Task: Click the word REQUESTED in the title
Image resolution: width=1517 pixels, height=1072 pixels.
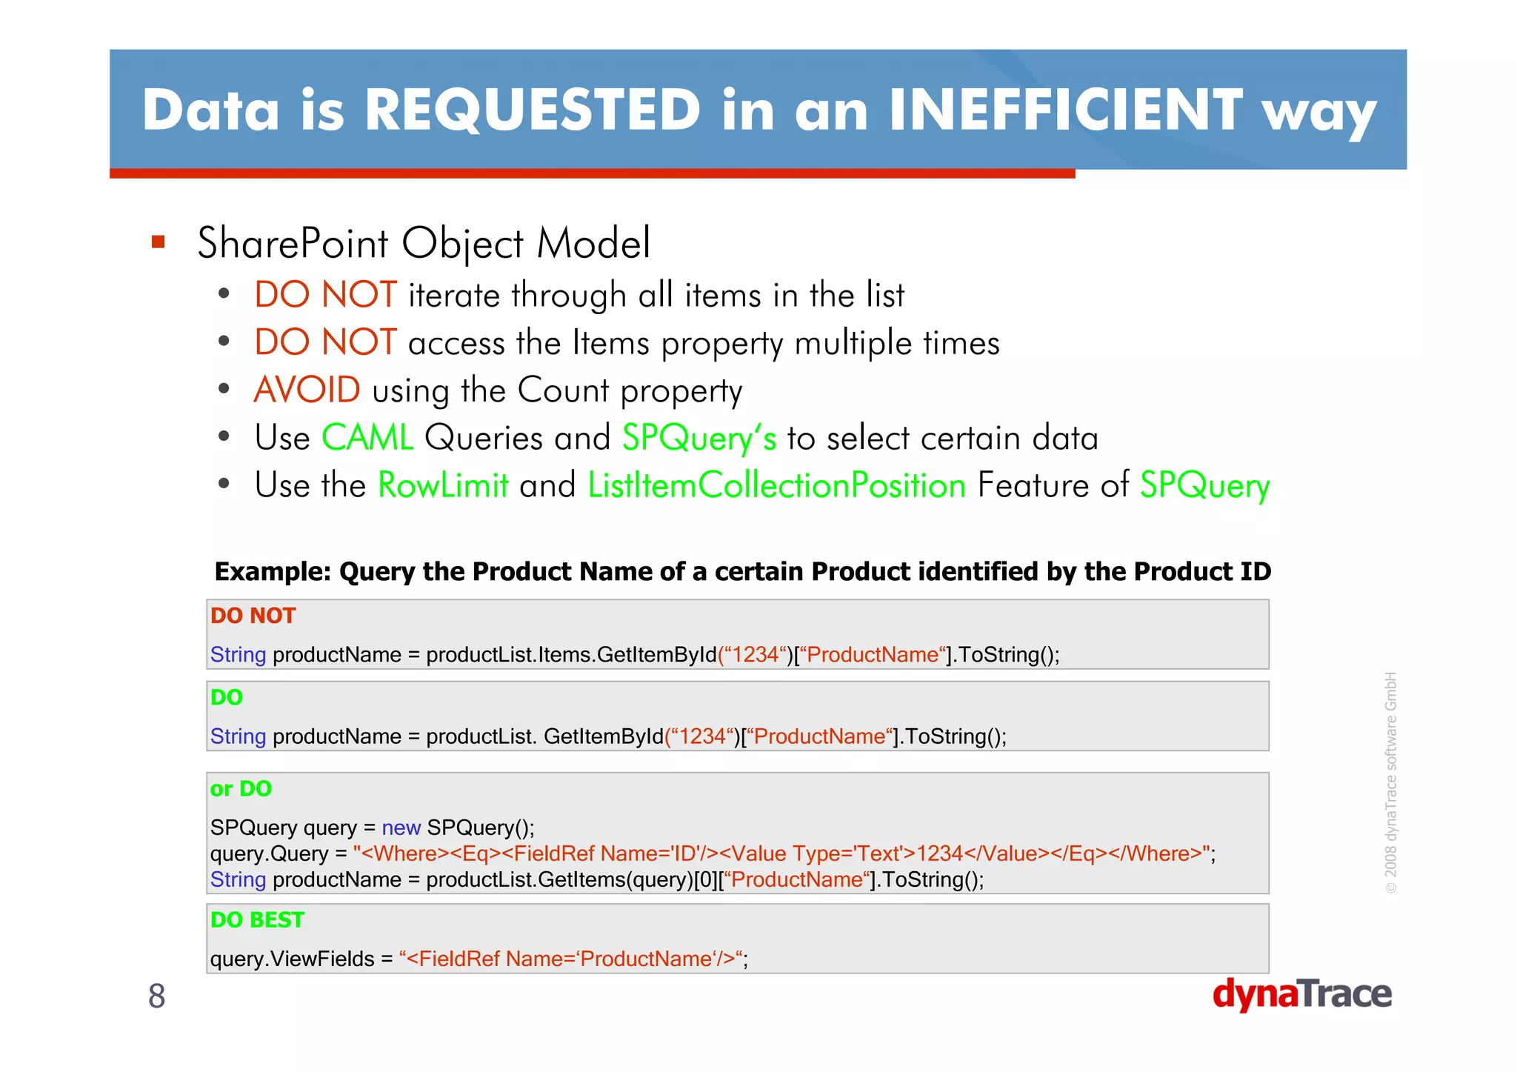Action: pos(532,110)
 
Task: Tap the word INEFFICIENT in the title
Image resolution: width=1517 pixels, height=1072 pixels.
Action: pos(1065,110)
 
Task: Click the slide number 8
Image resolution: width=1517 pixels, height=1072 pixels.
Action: pos(156,996)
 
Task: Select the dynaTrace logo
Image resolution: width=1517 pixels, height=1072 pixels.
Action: pos(1301,994)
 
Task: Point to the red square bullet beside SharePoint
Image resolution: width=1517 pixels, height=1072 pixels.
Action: pos(158,242)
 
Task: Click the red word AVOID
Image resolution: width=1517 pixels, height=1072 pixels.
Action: pos(307,390)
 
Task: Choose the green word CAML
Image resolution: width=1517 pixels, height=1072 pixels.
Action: pos(367,438)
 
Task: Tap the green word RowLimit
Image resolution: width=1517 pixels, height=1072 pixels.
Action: pos(443,486)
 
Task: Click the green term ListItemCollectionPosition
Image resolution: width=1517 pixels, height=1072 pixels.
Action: pos(776,486)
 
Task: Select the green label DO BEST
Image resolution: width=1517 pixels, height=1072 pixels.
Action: pos(257,919)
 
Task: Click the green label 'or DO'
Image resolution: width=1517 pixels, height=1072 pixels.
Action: pos(241,788)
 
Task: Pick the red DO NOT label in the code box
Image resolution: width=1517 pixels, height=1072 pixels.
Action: pos(253,616)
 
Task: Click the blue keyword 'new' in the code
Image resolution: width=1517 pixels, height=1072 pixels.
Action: pos(401,828)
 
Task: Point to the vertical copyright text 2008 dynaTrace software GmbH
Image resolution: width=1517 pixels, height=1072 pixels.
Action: pos(1390,782)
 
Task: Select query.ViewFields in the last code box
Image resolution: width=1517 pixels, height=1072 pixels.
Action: pos(292,959)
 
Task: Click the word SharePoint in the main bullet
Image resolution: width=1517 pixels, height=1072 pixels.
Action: pos(293,243)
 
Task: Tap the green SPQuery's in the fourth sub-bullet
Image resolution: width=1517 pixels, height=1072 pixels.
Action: pos(699,438)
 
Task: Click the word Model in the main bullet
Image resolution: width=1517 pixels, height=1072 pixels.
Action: pos(593,243)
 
